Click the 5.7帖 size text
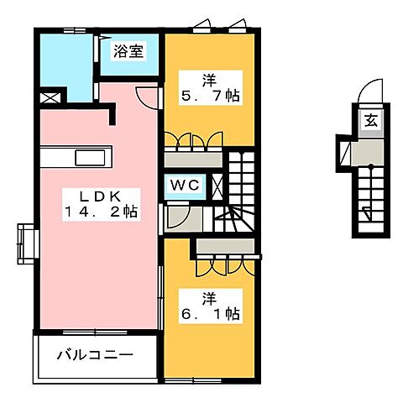point(210,97)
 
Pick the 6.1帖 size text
point(210,314)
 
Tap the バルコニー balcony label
point(95,355)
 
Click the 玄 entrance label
point(370,120)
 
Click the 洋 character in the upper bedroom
point(209,80)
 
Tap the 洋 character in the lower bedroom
point(209,296)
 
